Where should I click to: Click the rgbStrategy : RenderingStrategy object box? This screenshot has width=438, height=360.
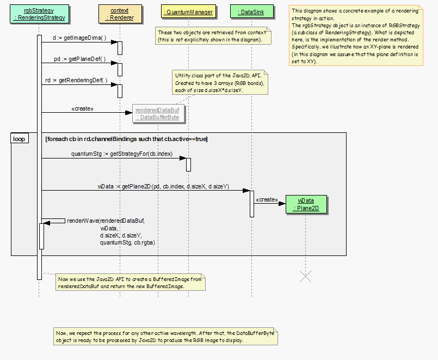tap(39, 14)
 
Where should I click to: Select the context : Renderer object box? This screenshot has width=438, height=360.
tap(119, 14)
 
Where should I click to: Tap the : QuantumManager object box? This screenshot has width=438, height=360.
tap(188, 11)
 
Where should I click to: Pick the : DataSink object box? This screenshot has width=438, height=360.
tap(251, 11)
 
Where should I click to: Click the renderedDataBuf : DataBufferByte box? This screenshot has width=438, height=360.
tap(157, 113)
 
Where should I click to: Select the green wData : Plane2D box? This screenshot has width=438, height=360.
tap(306, 204)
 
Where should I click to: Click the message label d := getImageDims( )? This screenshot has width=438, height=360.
tap(80, 39)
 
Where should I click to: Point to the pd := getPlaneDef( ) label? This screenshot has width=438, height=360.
tap(80, 59)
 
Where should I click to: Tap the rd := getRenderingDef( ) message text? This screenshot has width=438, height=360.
tap(76, 80)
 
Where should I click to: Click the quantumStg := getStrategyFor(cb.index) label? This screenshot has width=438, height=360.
tap(122, 154)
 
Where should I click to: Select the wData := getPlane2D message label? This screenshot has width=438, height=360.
tap(163, 186)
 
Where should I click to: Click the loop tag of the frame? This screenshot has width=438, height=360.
tap(19, 139)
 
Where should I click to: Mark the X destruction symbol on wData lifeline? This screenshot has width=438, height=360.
tap(306, 276)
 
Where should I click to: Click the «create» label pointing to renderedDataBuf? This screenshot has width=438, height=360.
tap(82, 109)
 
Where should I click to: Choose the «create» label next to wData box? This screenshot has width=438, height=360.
tap(266, 199)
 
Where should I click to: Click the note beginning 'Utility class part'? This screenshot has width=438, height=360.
tap(219, 82)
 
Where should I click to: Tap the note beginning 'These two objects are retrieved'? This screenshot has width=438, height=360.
tap(211, 36)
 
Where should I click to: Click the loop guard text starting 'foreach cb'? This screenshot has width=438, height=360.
tap(126, 139)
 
